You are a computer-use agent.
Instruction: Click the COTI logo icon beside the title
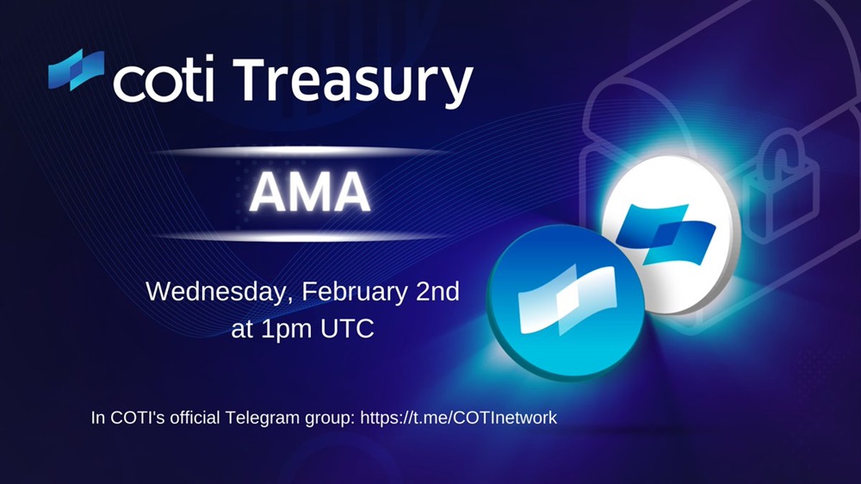(x=76, y=70)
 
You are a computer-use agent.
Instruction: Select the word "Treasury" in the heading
(x=352, y=83)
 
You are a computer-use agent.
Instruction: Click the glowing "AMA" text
(x=310, y=192)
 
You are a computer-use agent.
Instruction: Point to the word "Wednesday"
(x=216, y=292)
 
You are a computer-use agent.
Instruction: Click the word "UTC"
(x=347, y=328)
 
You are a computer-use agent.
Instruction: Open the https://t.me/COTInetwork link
(x=459, y=418)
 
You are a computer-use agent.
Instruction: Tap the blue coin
(x=566, y=302)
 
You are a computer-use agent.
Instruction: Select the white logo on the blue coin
(x=567, y=299)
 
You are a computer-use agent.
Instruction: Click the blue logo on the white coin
(x=666, y=233)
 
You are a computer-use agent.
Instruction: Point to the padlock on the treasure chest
(x=780, y=184)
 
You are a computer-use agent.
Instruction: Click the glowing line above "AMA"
(x=303, y=152)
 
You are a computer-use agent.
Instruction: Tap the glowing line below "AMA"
(x=303, y=236)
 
